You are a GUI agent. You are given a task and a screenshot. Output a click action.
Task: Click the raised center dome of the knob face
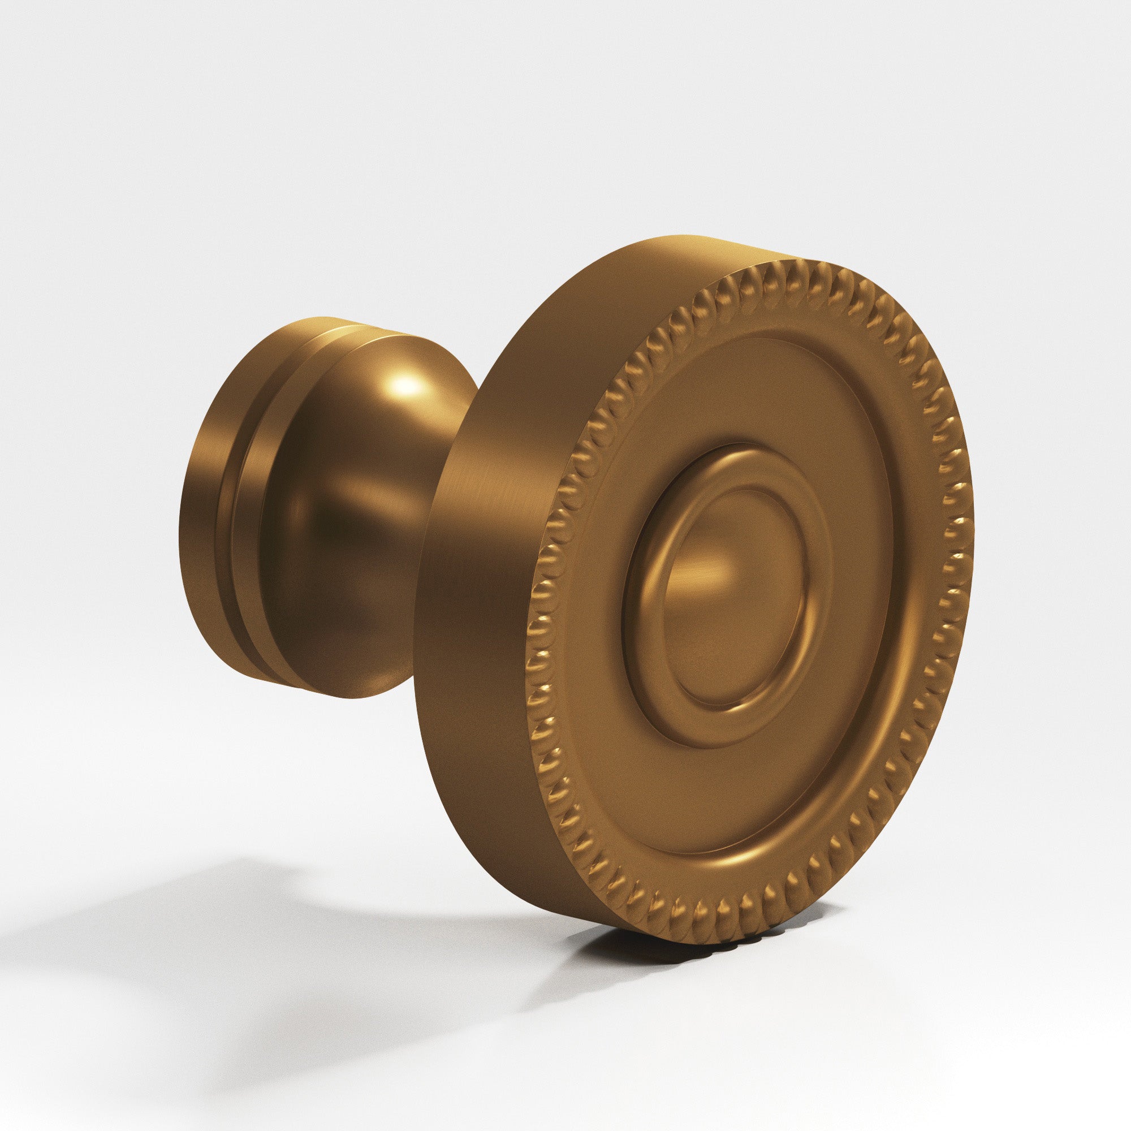[x=732, y=597]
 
